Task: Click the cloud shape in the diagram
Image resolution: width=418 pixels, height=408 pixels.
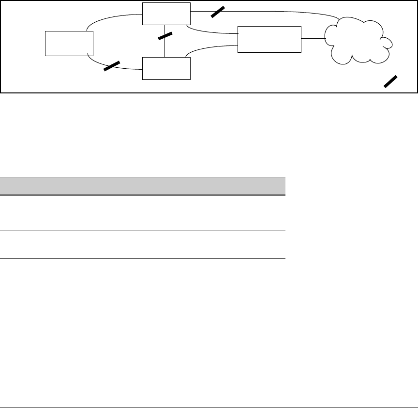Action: (x=358, y=41)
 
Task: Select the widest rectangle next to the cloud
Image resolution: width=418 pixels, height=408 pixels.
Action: (x=269, y=39)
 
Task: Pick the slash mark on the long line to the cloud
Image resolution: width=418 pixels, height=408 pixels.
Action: (x=218, y=11)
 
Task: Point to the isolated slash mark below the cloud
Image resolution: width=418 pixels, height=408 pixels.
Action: (x=391, y=81)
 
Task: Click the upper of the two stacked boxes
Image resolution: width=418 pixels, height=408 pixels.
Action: (x=166, y=14)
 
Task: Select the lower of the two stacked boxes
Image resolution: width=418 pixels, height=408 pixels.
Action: (x=166, y=68)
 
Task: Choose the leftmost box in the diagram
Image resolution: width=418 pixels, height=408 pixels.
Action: (x=69, y=43)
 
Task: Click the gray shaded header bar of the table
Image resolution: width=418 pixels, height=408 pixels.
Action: (x=143, y=186)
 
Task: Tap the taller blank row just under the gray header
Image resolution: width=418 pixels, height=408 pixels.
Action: (x=143, y=212)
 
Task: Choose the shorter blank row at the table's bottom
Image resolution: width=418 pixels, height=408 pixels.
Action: (x=143, y=244)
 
